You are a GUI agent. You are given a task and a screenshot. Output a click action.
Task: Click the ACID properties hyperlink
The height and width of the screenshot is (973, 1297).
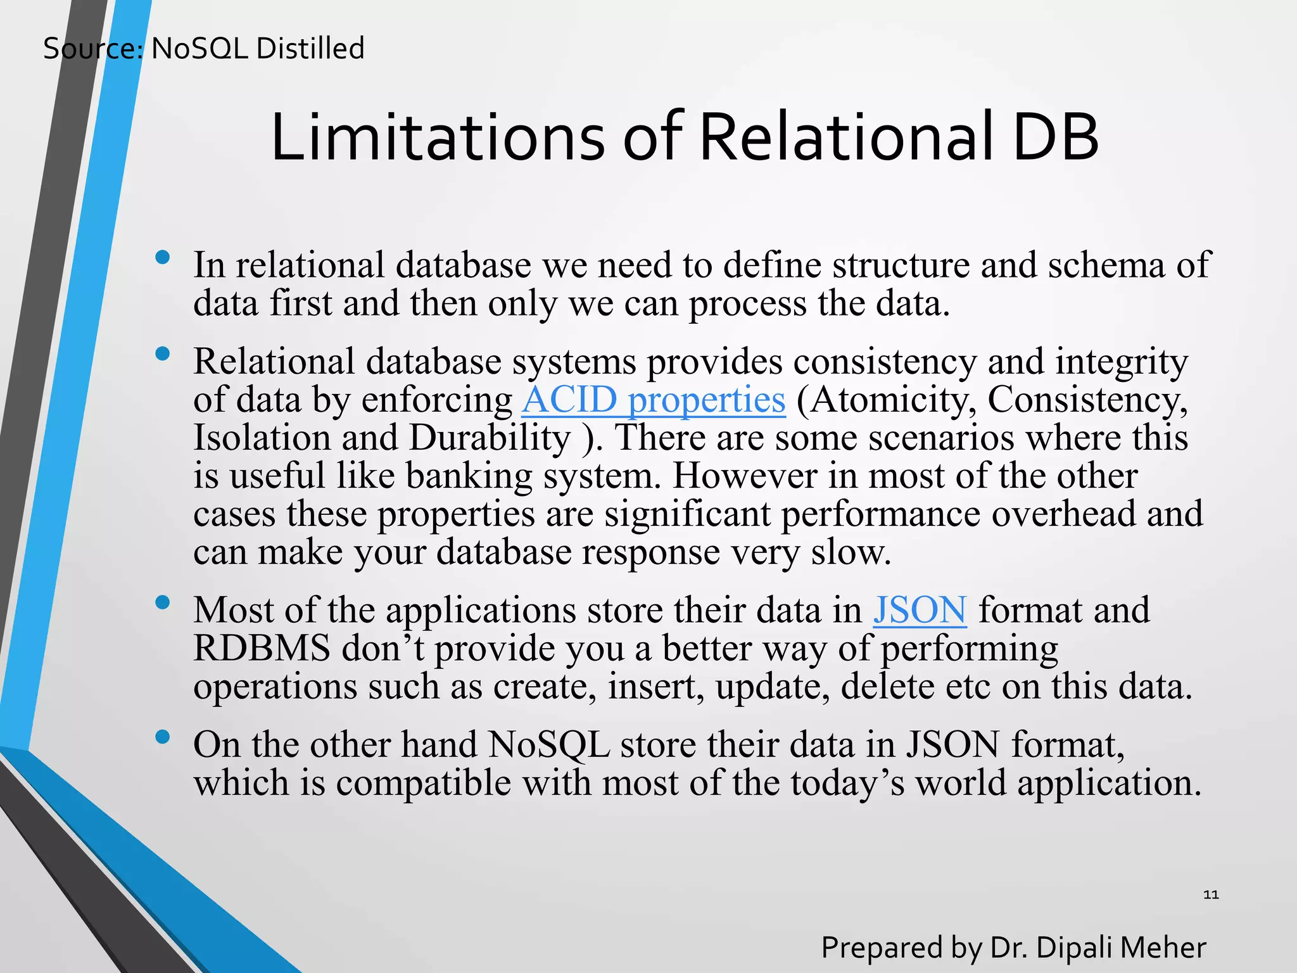pyautogui.click(x=653, y=400)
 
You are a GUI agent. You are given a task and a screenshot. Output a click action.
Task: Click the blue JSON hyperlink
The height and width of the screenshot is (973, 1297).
pyautogui.click(x=920, y=611)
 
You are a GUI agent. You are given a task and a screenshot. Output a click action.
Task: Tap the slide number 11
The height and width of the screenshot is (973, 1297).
pyautogui.click(x=1211, y=894)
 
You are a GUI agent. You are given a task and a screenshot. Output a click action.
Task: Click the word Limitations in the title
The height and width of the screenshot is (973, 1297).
pyautogui.click(x=437, y=137)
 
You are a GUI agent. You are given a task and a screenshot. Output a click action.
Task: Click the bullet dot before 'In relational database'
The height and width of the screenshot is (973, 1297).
pyautogui.click(x=163, y=257)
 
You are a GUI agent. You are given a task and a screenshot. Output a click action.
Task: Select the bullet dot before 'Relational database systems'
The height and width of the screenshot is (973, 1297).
pyautogui.click(x=163, y=353)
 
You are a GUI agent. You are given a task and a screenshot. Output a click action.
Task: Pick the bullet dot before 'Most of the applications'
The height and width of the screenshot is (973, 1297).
pyautogui.click(x=163, y=602)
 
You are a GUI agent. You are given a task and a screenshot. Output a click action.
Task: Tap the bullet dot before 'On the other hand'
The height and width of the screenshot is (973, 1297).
pyautogui.click(x=163, y=737)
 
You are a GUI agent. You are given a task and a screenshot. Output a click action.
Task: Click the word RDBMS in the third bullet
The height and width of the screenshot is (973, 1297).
pyautogui.click(x=262, y=649)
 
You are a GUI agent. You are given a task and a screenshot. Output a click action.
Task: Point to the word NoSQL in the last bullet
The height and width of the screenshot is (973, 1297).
pyautogui.click(x=548, y=745)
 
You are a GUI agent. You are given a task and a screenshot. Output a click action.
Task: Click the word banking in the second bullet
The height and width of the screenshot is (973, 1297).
pyautogui.click(x=469, y=476)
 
